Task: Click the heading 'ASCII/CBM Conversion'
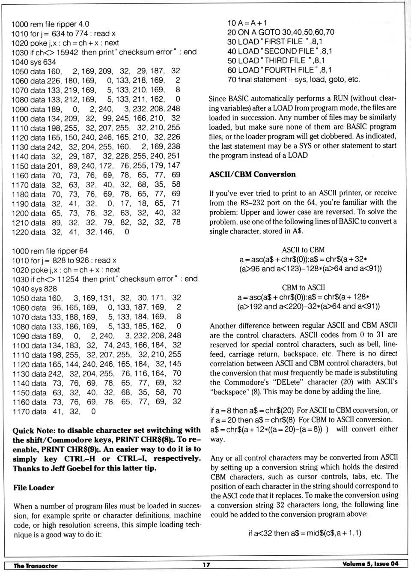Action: [x=252, y=174]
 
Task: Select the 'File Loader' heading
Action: [x=34, y=488]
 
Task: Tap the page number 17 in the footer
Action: [x=206, y=564]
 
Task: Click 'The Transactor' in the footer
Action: [x=36, y=566]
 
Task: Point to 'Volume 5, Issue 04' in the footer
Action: [x=370, y=564]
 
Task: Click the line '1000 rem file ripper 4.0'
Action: [x=50, y=24]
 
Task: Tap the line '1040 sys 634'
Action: [x=33, y=62]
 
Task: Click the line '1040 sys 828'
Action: [x=34, y=289]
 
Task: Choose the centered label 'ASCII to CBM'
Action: [x=303, y=250]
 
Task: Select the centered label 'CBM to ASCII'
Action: [x=303, y=287]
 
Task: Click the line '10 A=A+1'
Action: [x=247, y=23]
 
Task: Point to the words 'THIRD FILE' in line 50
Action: [x=285, y=61]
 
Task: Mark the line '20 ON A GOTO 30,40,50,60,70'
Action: [x=280, y=32]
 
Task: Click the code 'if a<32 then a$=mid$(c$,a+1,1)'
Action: [x=304, y=533]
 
